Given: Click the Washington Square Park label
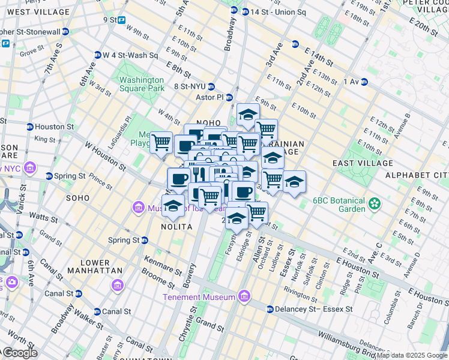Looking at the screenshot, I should click(x=141, y=84).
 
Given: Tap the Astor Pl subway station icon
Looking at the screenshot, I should click(x=229, y=97).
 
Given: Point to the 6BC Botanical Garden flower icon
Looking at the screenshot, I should click(x=376, y=203).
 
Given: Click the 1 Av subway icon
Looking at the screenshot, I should click(x=364, y=82).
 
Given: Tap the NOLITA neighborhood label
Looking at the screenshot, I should click(x=176, y=227).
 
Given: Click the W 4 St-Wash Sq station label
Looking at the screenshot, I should click(x=130, y=55).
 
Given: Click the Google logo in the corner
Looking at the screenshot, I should click(x=19, y=353).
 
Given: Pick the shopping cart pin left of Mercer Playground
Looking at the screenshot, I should click(x=161, y=143).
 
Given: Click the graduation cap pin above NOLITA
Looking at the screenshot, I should click(x=173, y=205).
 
